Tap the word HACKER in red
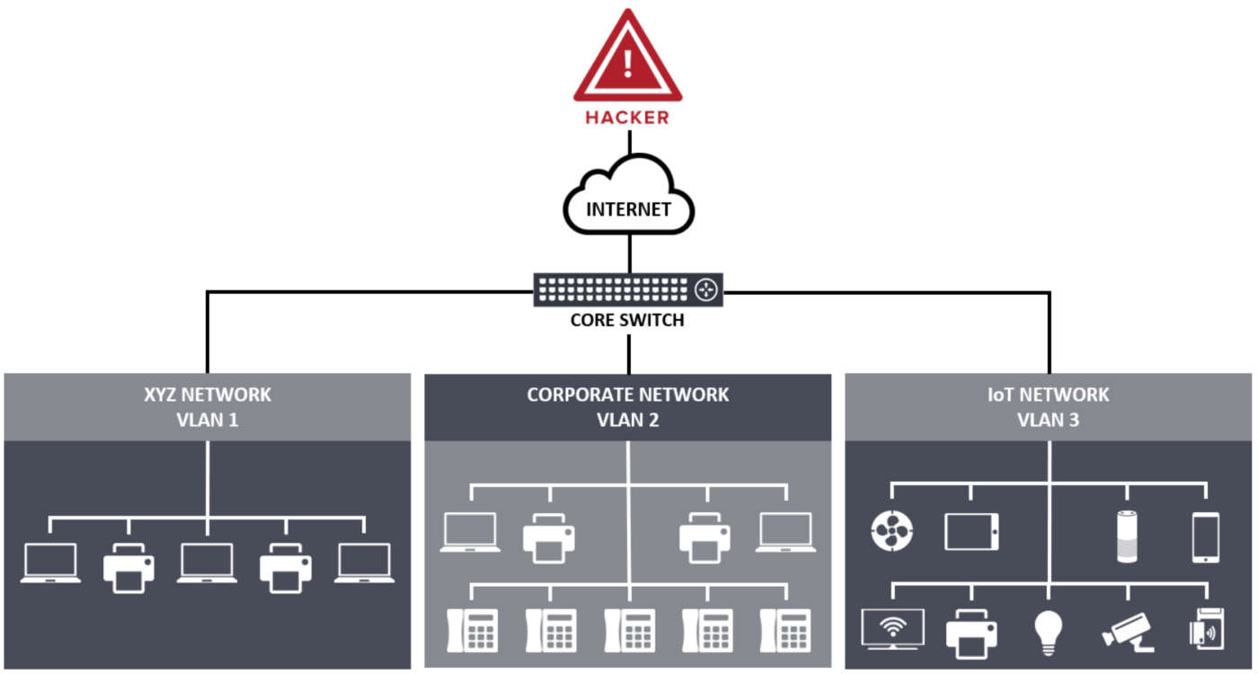pos(628,118)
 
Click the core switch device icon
pos(628,289)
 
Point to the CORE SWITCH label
pos(628,320)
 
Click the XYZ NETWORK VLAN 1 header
pos(208,406)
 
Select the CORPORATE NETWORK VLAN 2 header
pos(628,406)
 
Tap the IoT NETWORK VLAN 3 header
pos(1049,406)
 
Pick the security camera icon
pos(1127,629)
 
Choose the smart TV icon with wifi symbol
pos(892,627)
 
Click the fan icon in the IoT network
pos(892,532)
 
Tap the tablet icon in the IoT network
pos(971,532)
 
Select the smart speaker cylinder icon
pos(1127,537)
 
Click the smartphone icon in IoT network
pos(1206,537)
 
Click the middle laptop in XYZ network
pos(208,563)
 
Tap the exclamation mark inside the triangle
pos(628,63)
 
